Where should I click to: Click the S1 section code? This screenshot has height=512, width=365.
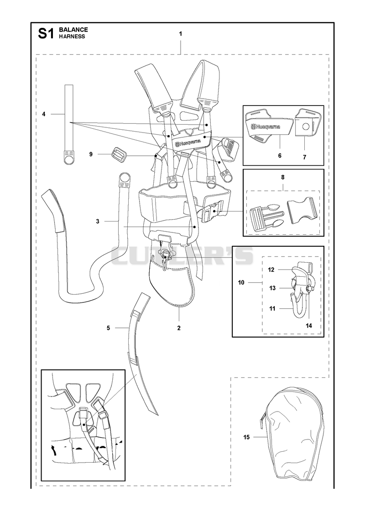coord(46,33)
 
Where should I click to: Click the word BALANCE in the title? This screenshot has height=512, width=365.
coord(73,30)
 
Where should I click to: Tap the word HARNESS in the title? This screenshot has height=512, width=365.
coord(72,37)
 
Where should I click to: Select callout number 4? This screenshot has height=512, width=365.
coord(44,114)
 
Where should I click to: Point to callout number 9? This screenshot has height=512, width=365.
coord(91,154)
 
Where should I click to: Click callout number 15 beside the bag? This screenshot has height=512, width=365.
coord(246,437)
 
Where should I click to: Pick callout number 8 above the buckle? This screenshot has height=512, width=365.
coord(283,177)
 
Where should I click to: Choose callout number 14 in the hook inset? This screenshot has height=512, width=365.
coord(309,326)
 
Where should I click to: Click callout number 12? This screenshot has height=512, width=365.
coord(271,270)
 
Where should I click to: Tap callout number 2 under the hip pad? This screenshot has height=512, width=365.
coord(179,328)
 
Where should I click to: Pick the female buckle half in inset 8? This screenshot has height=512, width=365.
coord(302,211)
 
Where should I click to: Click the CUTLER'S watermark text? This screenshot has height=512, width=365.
coord(182,255)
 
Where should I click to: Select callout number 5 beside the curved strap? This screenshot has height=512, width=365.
coord(108,328)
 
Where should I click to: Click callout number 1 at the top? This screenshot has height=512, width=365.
coord(180,34)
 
